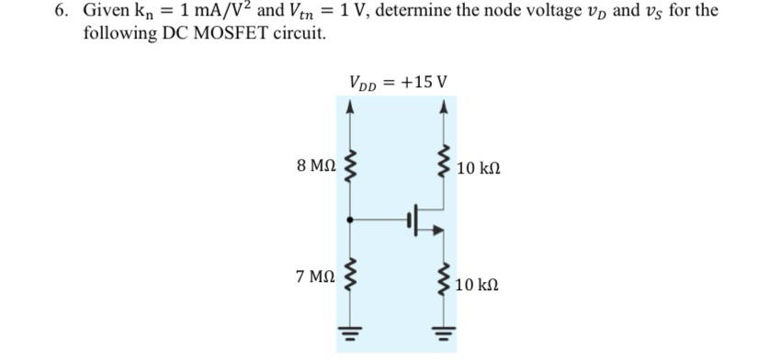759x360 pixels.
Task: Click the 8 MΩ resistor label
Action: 315,168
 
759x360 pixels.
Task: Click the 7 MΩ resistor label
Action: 315,276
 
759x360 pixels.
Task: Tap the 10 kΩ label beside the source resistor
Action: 477,285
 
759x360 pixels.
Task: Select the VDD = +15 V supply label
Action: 399,82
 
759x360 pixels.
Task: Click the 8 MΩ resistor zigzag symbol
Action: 348,168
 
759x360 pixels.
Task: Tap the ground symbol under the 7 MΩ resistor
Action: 348,333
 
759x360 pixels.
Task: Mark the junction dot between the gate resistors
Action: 348,219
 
